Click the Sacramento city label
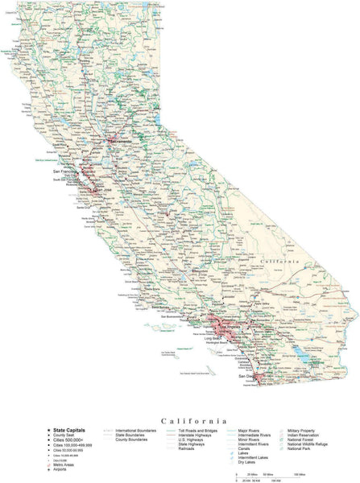(x=118, y=142)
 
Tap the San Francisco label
(x=67, y=171)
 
